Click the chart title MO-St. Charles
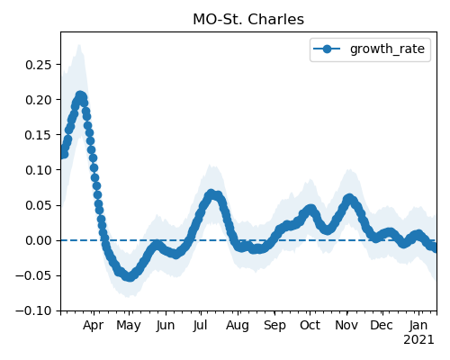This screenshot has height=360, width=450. [x=248, y=20]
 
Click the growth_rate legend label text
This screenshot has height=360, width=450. [x=387, y=49]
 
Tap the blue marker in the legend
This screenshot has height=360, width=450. [x=327, y=49]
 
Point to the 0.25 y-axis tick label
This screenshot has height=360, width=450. [x=39, y=65]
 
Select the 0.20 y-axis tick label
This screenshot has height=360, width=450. [x=39, y=100]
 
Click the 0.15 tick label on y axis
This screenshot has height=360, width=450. [x=39, y=135]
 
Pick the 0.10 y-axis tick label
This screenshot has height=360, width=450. [x=39, y=170]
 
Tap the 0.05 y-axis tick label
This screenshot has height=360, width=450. [x=39, y=205]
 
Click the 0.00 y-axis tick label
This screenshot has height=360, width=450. [x=39, y=240]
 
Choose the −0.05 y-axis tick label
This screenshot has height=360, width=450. [x=34, y=275]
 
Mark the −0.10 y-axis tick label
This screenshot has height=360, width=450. [x=34, y=310]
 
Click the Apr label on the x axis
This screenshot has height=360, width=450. [x=94, y=326]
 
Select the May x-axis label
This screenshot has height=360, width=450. [x=129, y=326]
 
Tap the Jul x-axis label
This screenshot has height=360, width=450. [x=200, y=325]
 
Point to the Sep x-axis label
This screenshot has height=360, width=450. [x=274, y=326]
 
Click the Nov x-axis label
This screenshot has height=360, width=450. [x=346, y=325]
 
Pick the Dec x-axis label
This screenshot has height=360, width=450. [x=382, y=325]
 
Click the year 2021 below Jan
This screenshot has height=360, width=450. [x=418, y=340]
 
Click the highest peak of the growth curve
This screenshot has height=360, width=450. [x=80, y=96]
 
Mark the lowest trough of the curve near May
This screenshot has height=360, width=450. [x=130, y=276]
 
